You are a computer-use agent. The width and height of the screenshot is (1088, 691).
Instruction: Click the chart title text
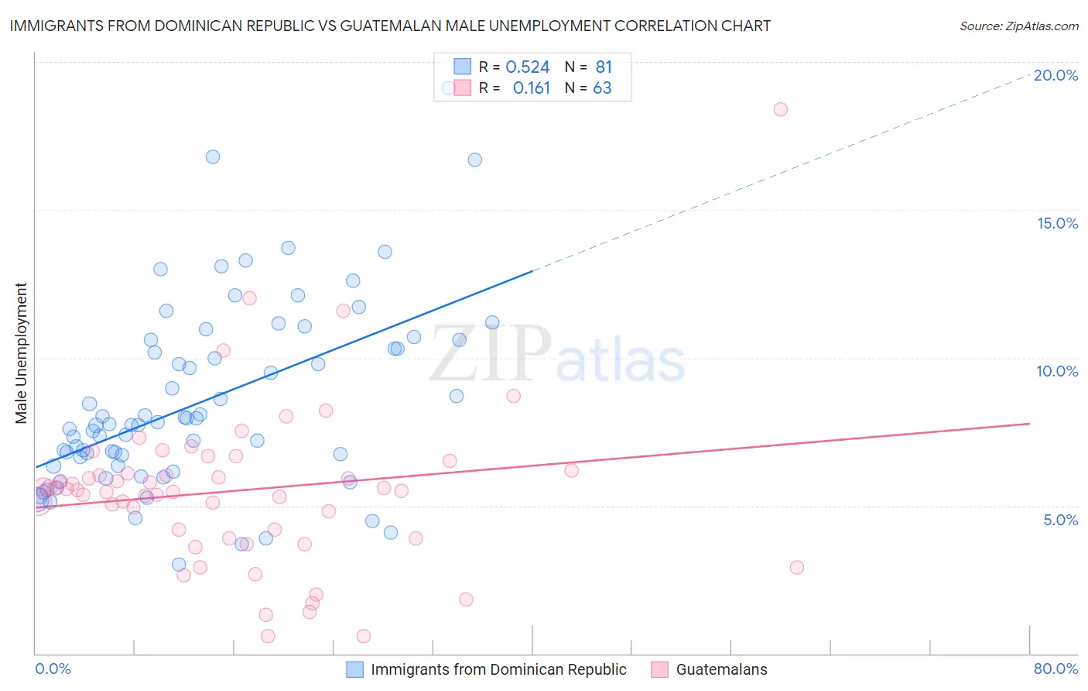[x=390, y=26]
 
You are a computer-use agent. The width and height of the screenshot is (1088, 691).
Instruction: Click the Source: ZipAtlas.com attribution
[x=1018, y=26]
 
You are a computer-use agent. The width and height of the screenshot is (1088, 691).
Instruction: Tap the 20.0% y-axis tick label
[x=1055, y=75]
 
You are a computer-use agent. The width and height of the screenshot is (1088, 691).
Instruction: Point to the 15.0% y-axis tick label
[x=1057, y=223]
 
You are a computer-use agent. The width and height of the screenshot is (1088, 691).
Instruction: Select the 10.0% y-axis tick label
[x=1057, y=371]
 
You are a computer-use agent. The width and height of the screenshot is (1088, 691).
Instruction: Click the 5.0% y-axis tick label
[x=1060, y=520]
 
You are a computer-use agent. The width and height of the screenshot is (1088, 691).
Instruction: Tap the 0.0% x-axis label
[x=53, y=669]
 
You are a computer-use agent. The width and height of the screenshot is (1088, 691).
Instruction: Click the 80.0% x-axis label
[x=1055, y=669]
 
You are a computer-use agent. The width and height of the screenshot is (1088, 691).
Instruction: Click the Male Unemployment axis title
[x=21, y=353]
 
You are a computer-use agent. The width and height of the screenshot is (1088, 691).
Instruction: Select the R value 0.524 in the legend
[x=527, y=67]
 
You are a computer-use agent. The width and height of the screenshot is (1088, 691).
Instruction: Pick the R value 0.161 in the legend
[x=531, y=88]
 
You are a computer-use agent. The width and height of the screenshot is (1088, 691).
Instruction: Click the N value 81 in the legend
[x=604, y=67]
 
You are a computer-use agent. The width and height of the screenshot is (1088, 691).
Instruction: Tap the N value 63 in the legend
[x=602, y=88]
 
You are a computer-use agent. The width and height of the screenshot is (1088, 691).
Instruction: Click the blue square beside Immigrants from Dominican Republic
[x=354, y=669]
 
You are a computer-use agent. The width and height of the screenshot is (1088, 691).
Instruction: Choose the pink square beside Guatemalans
[x=659, y=669]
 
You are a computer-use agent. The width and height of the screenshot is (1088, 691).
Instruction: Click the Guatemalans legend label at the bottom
[x=721, y=669]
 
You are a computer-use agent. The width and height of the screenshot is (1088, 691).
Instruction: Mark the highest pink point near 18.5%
[x=780, y=109]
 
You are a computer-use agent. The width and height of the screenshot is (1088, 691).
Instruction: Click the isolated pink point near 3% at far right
[x=796, y=567]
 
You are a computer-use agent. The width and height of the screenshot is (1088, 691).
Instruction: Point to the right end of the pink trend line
[x=1029, y=424]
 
